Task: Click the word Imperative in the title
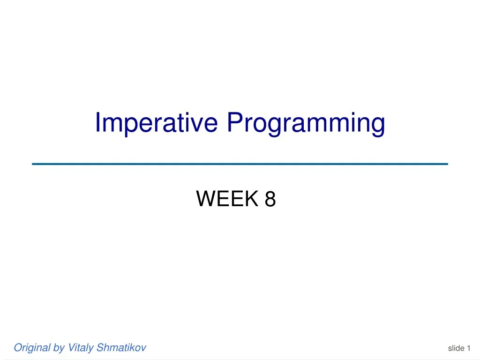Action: pos(157,123)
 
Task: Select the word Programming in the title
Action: pos(306,123)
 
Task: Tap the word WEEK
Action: pos(227,199)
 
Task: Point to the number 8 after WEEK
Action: pos(270,199)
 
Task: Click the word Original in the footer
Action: pos(32,347)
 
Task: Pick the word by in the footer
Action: pos(59,347)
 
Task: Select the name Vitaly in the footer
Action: pos(81,347)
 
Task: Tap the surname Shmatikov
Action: pos(121,347)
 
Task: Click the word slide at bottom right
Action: pos(456,348)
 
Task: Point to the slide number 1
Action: pos(468,348)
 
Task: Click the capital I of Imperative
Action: pos(98,123)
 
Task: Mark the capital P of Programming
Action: pos(234,123)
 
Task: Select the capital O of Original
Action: pos(18,347)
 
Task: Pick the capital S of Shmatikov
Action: pos(99,347)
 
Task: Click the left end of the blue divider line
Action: pos(33,164)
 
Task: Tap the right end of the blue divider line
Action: pos(447,164)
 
